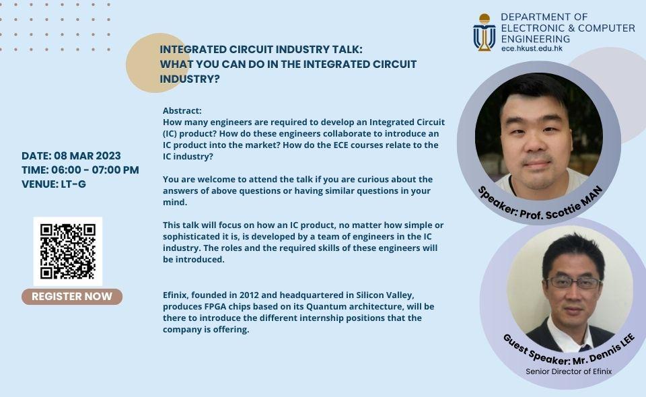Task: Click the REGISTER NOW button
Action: [72, 297]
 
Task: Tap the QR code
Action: [68, 251]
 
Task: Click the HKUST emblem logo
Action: [484, 32]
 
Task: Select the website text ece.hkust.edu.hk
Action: [532, 48]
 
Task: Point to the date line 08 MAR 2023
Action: [71, 155]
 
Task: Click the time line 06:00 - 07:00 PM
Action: [80, 170]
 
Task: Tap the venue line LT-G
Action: [54, 184]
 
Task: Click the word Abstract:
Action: [182, 111]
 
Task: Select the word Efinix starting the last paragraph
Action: [176, 295]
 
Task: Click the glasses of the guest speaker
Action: [574, 283]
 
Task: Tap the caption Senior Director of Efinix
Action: [569, 371]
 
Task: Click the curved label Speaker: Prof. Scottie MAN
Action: [540, 205]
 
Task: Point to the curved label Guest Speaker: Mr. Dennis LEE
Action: [569, 351]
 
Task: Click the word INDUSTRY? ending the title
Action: [190, 79]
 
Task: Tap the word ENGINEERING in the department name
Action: [536, 39]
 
